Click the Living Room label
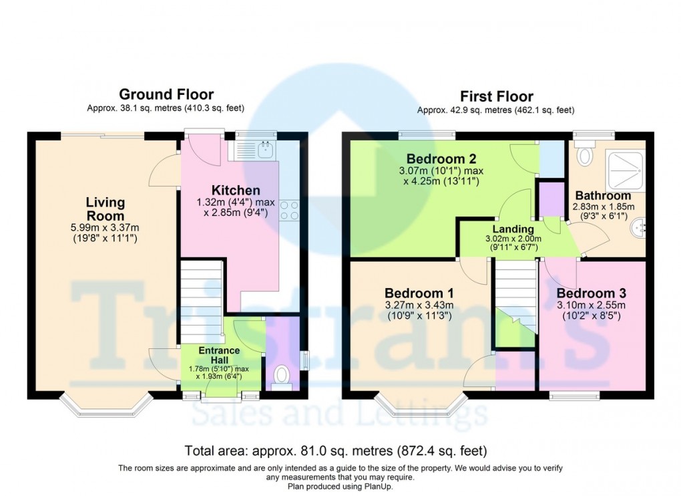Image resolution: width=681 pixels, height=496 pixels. (x=105, y=209)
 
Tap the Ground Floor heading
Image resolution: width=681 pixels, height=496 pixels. (x=166, y=95)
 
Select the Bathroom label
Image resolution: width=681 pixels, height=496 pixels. (x=602, y=196)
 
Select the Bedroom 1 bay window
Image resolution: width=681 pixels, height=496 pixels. (x=420, y=406)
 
